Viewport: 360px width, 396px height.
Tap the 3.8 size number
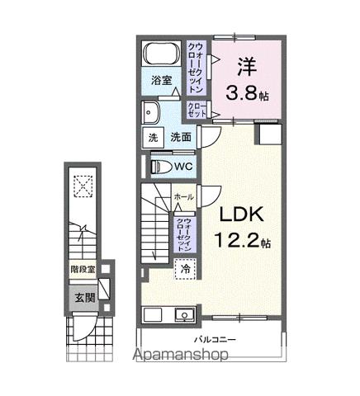pos(242,94)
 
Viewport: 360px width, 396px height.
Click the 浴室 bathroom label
pos(161,81)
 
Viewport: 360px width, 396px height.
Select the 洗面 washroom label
pos(182,138)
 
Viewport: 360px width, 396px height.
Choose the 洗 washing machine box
pos(154,138)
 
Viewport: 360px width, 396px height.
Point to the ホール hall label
pos(183,197)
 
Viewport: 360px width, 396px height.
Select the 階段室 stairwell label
pos(82,270)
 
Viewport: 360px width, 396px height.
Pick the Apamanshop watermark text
pos(180,379)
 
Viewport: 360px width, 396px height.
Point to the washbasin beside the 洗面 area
pos(151,113)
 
